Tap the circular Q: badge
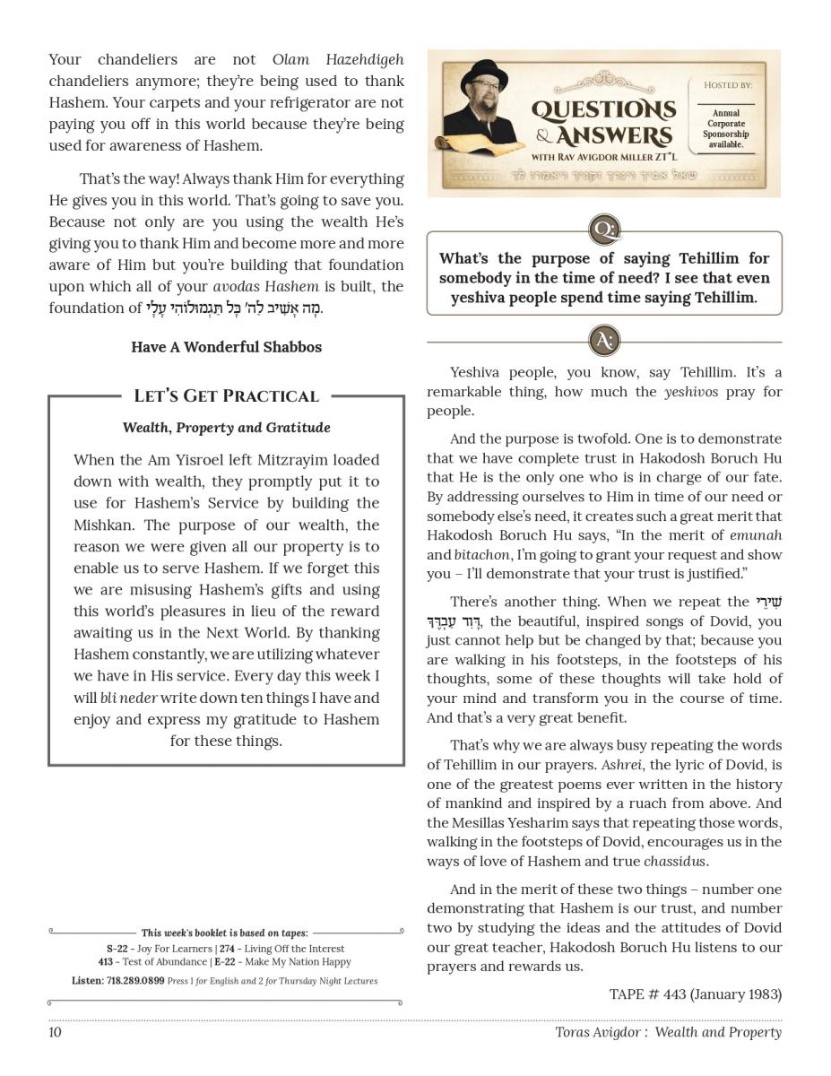pos(604,230)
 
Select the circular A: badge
pos(604,341)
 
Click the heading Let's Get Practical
pos(226,396)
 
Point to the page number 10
pos(56,1032)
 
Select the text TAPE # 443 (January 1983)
pos(695,994)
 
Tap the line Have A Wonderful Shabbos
pos(226,347)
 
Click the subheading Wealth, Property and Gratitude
pos(226,428)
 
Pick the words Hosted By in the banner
pos(727,85)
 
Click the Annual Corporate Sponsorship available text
pos(726,129)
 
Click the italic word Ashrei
pos(621,765)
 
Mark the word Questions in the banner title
pos(603,110)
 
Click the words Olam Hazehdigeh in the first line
pos(337,60)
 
